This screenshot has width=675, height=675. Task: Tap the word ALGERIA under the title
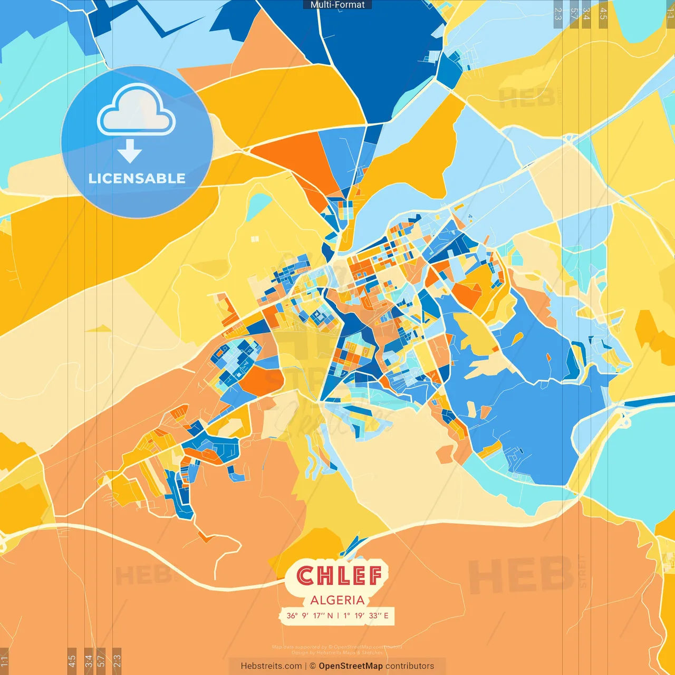pyautogui.click(x=337, y=600)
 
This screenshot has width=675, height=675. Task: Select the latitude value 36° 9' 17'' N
pyautogui.click(x=310, y=615)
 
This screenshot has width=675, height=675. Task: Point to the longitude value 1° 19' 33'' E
pyautogui.click(x=366, y=615)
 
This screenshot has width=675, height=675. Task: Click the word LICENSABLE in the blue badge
pyautogui.click(x=137, y=178)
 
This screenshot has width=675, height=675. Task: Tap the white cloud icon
pyautogui.click(x=136, y=110)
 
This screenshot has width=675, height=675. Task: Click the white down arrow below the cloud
pyautogui.click(x=130, y=151)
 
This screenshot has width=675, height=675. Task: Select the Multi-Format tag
pyautogui.click(x=337, y=5)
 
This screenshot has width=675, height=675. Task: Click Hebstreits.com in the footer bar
pyautogui.click(x=271, y=666)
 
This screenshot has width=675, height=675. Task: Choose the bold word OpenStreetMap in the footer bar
pyautogui.click(x=351, y=666)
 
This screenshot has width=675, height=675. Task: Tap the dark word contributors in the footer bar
pyautogui.click(x=410, y=666)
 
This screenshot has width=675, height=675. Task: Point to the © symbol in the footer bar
pyautogui.click(x=313, y=666)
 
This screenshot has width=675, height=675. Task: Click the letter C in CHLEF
pyautogui.click(x=305, y=576)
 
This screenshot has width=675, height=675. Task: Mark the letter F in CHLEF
pyautogui.click(x=374, y=576)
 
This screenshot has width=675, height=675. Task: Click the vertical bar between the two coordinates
pyautogui.click(x=338, y=615)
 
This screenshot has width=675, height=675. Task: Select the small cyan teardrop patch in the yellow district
pyautogui.click(x=259, y=206)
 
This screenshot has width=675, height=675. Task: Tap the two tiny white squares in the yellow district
pyautogui.click(x=255, y=239)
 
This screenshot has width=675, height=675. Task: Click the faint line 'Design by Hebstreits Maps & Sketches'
pyautogui.click(x=337, y=652)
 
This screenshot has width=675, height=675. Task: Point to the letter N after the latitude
pyautogui.click(x=330, y=615)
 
